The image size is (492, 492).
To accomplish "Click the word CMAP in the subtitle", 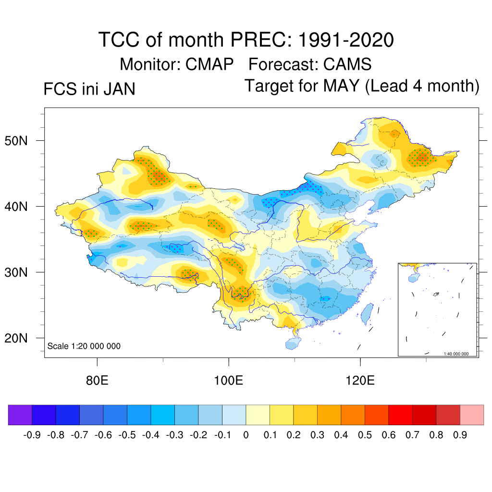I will (209, 64).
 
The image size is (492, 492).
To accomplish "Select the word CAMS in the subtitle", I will (347, 64).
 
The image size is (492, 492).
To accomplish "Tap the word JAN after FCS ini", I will (118, 89).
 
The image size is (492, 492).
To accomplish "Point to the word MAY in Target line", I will (341, 86).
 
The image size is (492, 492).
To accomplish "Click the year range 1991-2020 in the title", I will (346, 39).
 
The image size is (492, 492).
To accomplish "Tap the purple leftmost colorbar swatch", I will (20, 415).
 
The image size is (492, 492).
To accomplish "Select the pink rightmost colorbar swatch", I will (472, 415).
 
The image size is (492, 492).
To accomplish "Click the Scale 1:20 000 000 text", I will (84, 346).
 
